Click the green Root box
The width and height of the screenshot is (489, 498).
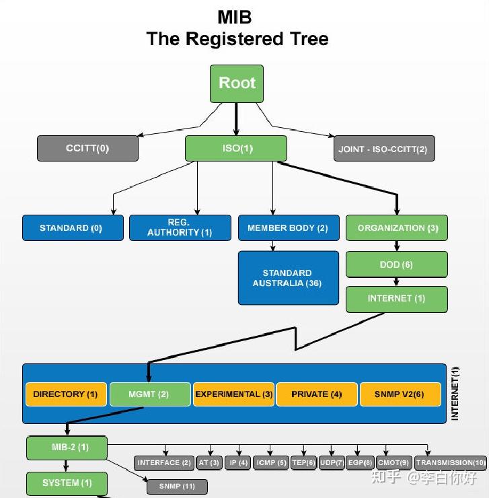237,83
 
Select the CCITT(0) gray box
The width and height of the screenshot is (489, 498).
87,149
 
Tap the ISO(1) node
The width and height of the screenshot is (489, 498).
236,149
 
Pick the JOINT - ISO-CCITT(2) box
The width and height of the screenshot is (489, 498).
384,149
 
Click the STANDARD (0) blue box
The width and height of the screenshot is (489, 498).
73,228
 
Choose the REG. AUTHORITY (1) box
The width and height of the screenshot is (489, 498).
180,227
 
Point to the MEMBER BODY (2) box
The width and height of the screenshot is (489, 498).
288,228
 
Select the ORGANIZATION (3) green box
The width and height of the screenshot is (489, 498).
397,228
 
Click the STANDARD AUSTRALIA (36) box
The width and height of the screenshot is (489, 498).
288,278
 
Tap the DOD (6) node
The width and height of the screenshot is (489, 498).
397,264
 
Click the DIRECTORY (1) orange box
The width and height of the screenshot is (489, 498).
66,394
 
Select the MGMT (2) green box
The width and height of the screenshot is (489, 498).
149,394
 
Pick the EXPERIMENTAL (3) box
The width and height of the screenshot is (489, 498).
233,394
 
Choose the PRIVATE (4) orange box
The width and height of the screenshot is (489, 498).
317,394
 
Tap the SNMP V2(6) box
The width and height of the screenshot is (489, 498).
400,394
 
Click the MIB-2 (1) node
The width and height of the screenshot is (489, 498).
67,448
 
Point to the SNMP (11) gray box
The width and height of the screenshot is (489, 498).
177,486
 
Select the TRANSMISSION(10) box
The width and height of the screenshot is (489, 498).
451,463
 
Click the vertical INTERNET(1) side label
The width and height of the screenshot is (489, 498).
455,394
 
